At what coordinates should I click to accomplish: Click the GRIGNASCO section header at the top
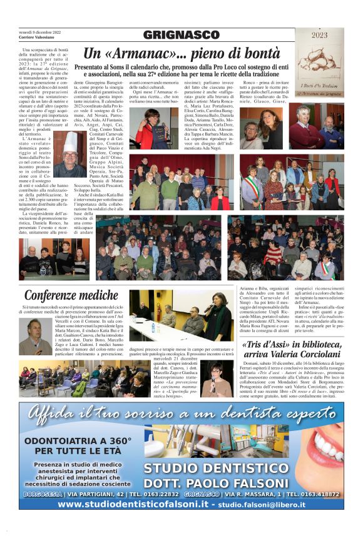tap(181, 35)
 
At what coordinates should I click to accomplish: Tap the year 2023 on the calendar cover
tap(319, 36)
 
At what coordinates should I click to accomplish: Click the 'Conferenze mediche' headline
tap(71, 295)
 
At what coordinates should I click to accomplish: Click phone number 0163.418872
tap(320, 494)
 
